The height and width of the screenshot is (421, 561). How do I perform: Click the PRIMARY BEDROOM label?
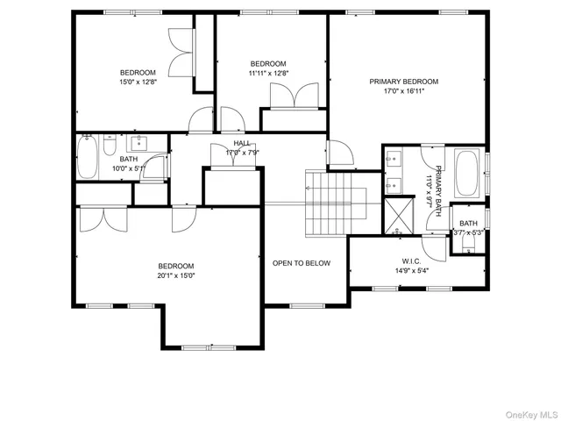(403, 82)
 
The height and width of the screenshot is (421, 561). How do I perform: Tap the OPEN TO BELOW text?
(301, 263)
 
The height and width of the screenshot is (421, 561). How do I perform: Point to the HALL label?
(242, 143)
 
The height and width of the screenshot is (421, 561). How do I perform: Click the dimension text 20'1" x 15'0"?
(175, 276)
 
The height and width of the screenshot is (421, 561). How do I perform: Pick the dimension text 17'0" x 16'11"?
(403, 91)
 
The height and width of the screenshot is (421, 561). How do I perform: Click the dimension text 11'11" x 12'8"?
(268, 74)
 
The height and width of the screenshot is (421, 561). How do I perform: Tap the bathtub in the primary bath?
(467, 173)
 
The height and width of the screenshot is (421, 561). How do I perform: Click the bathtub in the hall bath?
(89, 159)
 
